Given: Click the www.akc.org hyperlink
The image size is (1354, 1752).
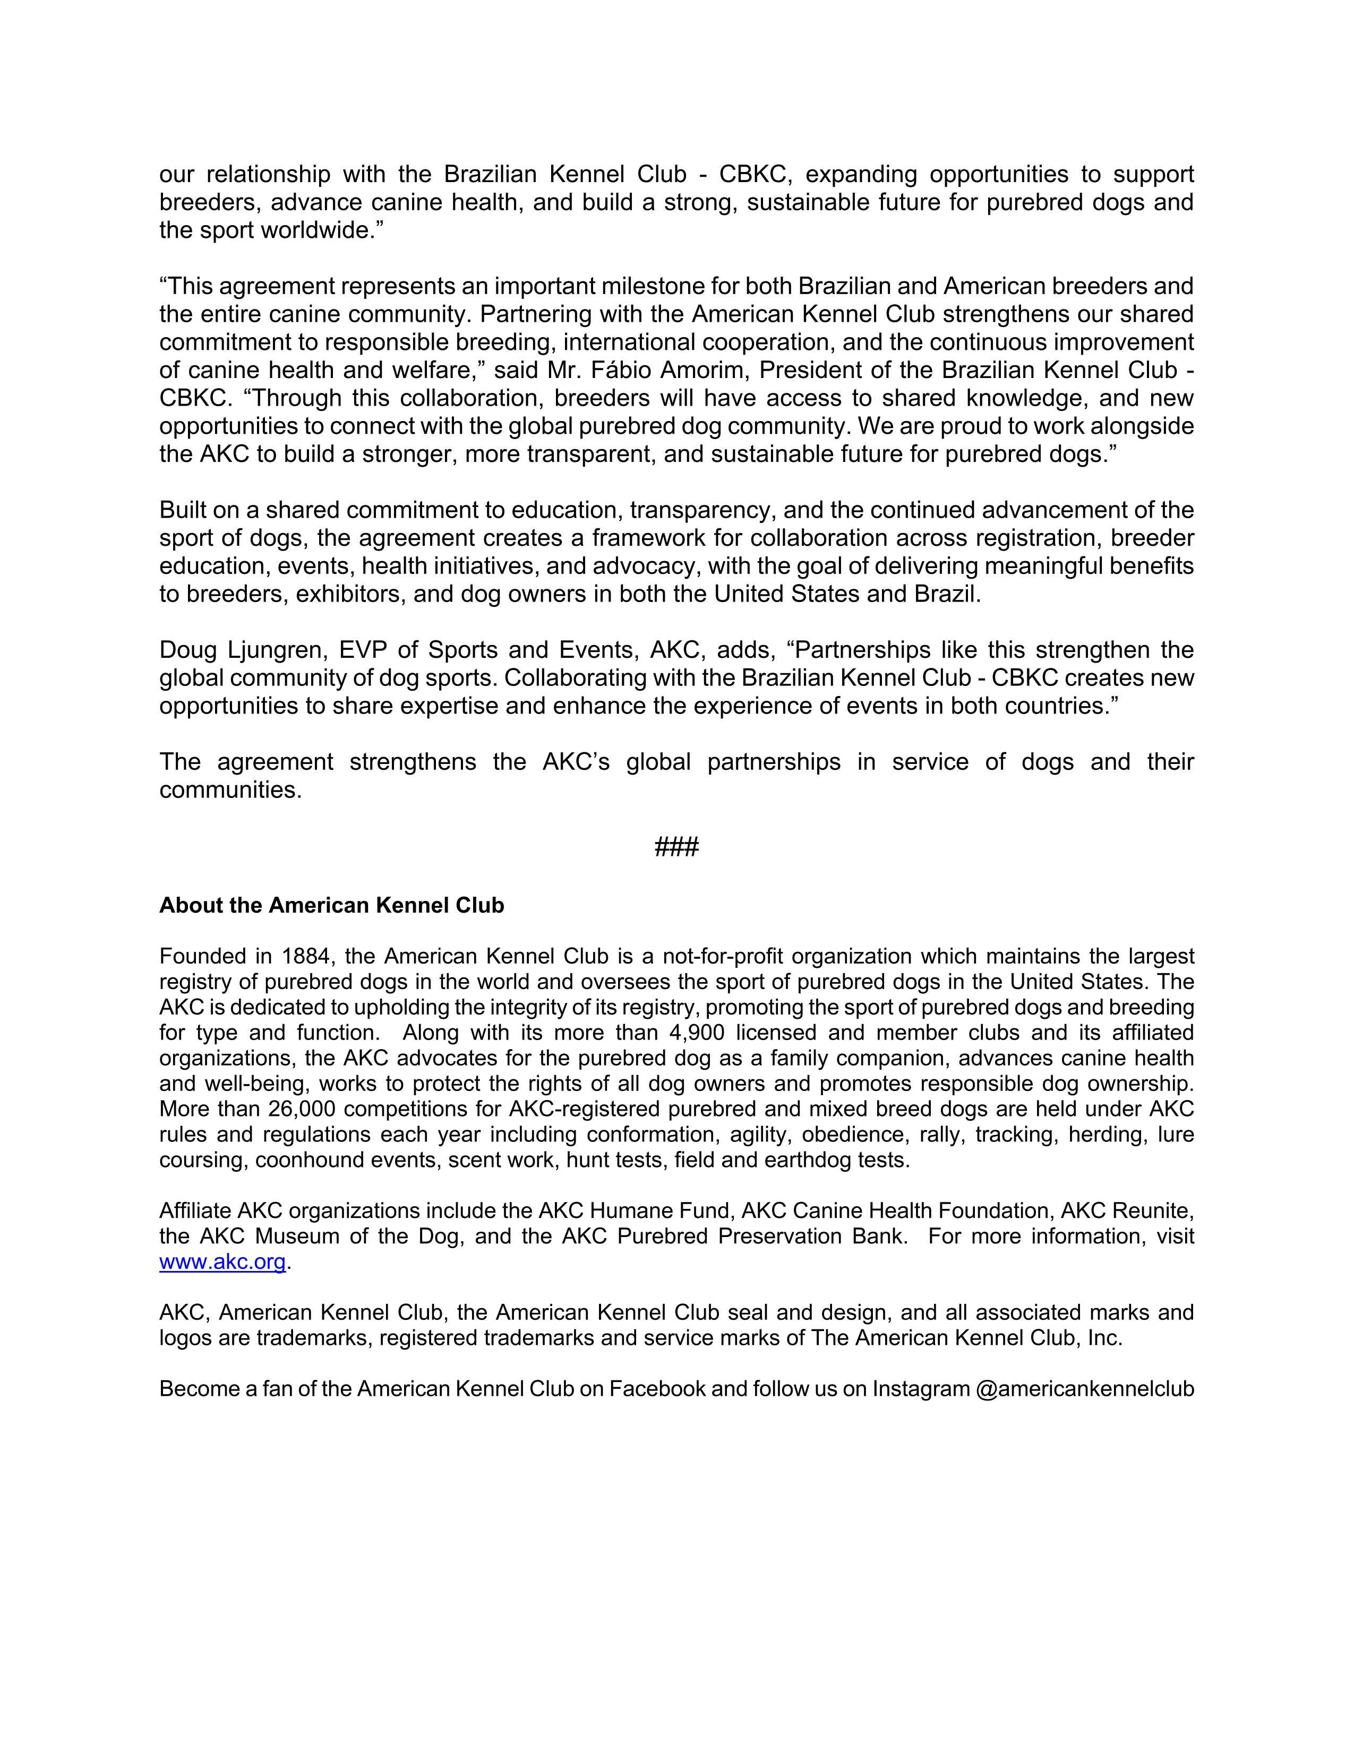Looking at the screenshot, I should point(222,1262).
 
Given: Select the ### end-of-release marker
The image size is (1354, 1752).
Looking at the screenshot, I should point(676,846).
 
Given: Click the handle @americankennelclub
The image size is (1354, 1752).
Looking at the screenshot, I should point(1084,1389).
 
